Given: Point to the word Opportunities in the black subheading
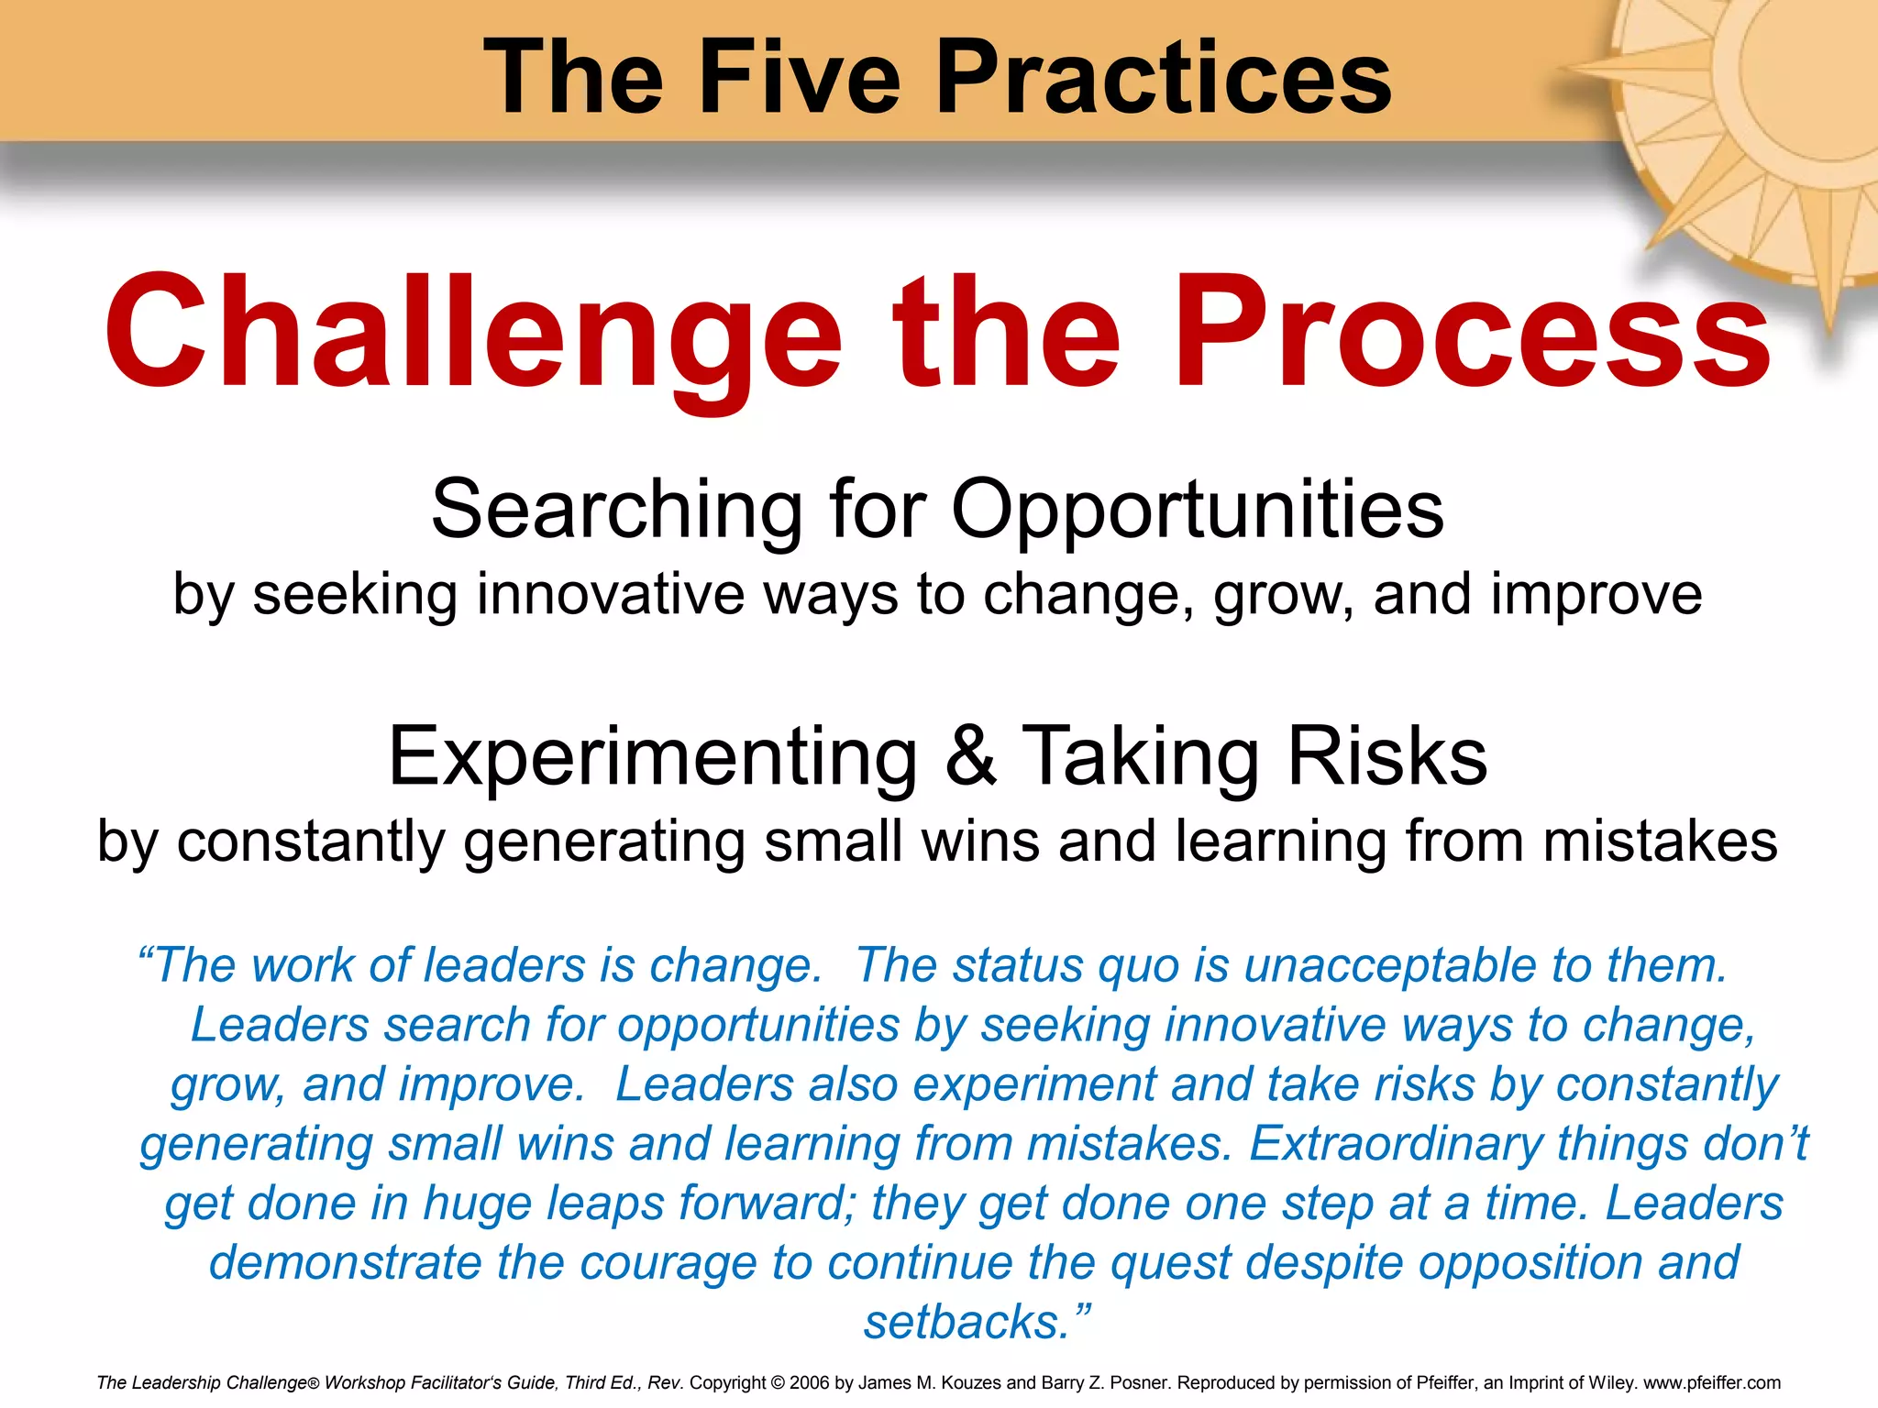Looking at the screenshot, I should pos(1197,511).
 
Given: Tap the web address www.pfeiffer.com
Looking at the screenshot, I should pos(1711,1382).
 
